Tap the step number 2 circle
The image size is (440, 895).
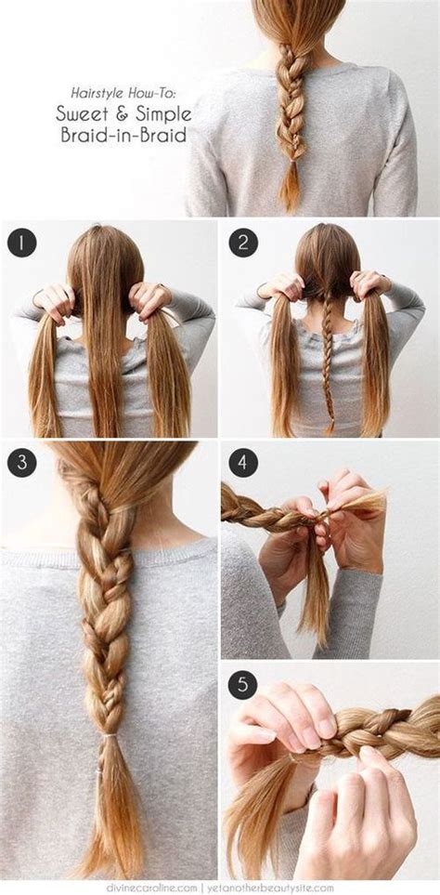click(242, 243)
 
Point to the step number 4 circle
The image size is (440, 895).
click(242, 462)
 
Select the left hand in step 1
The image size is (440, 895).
click(54, 299)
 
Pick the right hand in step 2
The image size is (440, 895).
click(369, 283)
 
